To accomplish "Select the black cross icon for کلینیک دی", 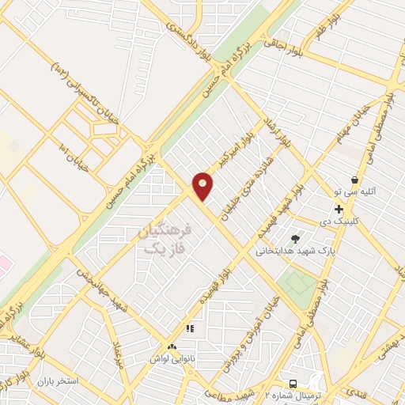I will [x=339, y=210].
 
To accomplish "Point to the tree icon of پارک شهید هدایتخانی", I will [x=296, y=238].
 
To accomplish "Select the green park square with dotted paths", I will [x=298, y=282].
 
